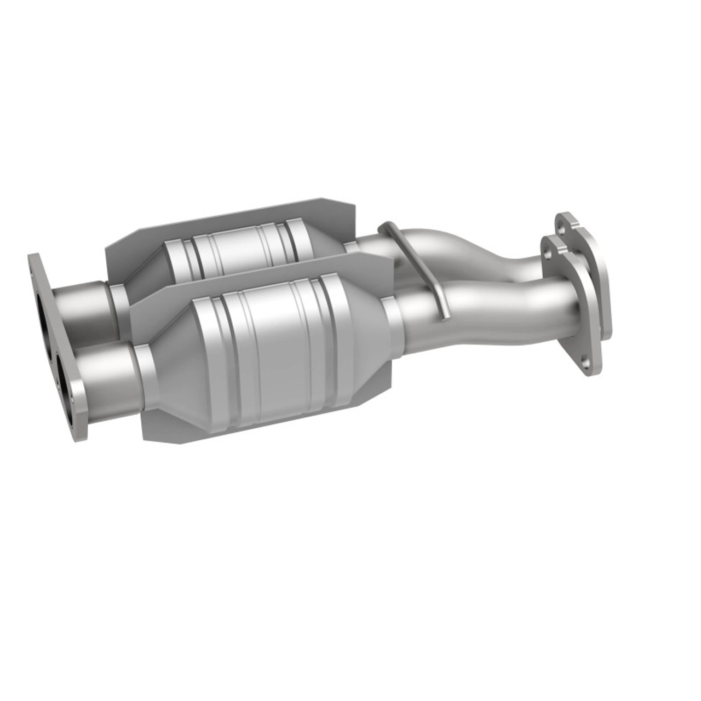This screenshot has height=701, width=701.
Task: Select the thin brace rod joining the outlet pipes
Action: [419, 268]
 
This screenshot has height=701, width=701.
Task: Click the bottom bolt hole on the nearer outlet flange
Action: [587, 362]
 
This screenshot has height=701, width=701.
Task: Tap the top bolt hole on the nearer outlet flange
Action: [547, 258]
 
